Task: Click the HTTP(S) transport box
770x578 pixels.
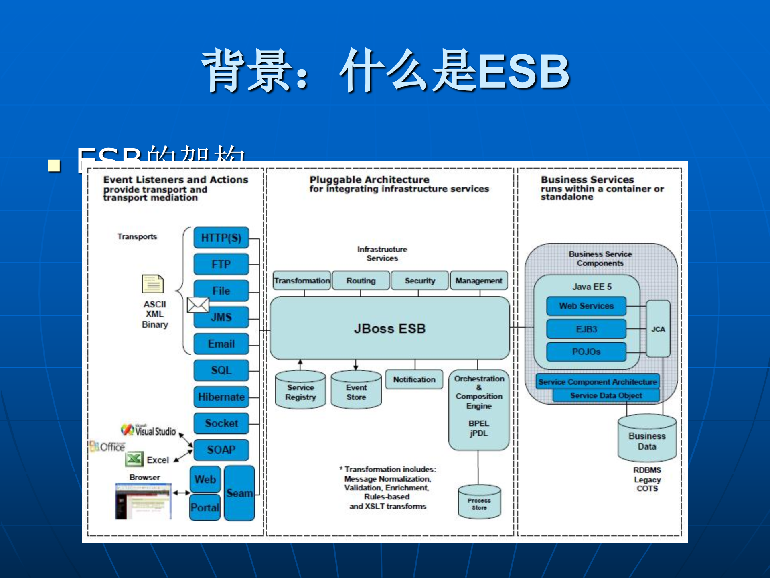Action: (x=221, y=238)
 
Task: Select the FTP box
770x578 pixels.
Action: (x=221, y=264)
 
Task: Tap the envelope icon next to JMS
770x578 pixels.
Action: (x=198, y=305)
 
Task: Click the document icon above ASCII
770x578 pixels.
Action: (x=152, y=284)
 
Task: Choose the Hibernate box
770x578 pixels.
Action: (x=221, y=397)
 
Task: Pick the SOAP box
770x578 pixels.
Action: (x=221, y=450)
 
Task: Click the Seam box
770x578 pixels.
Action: (x=239, y=493)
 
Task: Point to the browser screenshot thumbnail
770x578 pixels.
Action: (x=143, y=501)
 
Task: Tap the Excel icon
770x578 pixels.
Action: (x=134, y=459)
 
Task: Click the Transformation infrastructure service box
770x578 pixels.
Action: (x=302, y=281)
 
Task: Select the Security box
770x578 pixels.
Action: (x=419, y=281)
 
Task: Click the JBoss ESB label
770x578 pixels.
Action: (x=389, y=328)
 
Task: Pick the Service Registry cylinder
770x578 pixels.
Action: (x=300, y=391)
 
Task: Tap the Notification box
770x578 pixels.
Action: (x=414, y=379)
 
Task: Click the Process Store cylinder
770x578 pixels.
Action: (x=479, y=502)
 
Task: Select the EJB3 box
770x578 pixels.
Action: (x=586, y=329)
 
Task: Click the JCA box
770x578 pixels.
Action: (x=658, y=329)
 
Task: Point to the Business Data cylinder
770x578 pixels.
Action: (x=647, y=440)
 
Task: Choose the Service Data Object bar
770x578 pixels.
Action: (x=606, y=395)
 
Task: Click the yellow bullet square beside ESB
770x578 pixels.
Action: (x=54, y=165)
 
